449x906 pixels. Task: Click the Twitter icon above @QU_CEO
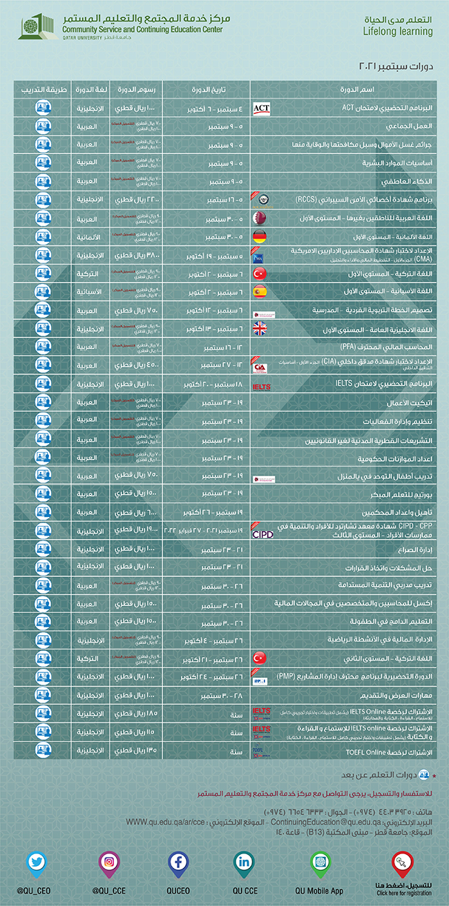(x=37, y=863)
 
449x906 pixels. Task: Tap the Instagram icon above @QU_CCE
(x=108, y=863)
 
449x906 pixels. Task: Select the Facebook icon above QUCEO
(x=179, y=863)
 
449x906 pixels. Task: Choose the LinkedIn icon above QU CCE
(x=245, y=863)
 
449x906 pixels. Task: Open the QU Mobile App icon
(x=319, y=863)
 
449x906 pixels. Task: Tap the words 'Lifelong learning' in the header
(x=397, y=32)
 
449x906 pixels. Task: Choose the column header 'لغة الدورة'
(x=88, y=91)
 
